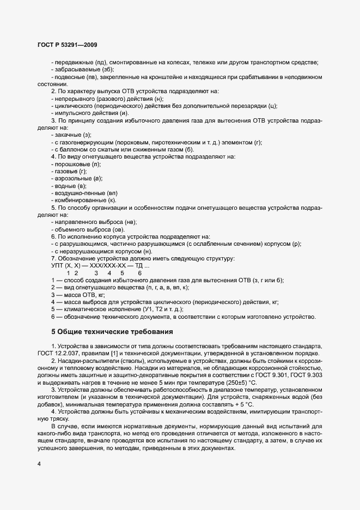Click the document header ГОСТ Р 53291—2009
point(68,44)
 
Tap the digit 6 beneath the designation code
point(140,273)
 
